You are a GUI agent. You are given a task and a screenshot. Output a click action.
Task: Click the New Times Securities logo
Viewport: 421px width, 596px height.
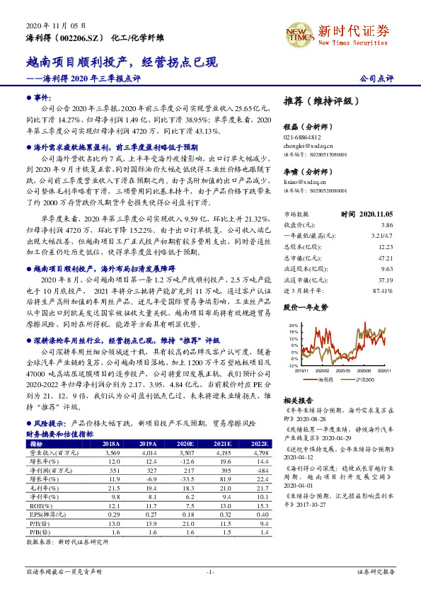[x=360, y=33]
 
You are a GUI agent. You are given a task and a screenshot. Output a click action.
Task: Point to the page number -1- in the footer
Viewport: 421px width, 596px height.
[x=210, y=571]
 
